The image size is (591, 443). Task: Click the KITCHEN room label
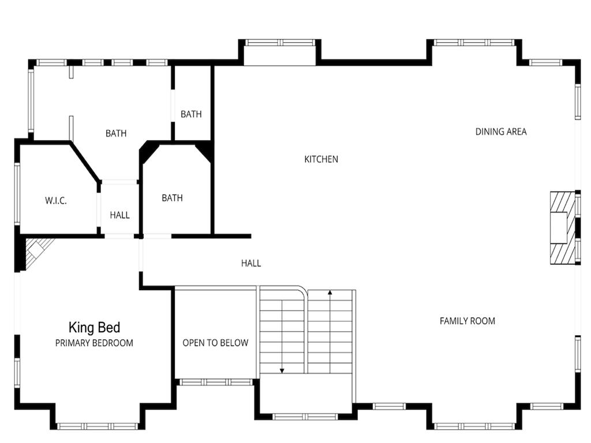[x=321, y=159]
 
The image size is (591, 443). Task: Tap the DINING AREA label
[x=501, y=132]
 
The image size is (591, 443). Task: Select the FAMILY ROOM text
[x=467, y=321]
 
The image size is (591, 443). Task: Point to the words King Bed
[x=94, y=328]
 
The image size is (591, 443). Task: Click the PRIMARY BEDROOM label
[x=94, y=343]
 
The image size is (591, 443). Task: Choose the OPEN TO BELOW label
[x=216, y=343]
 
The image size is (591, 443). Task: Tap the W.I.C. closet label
[x=56, y=200]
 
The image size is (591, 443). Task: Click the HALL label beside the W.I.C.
[x=120, y=215]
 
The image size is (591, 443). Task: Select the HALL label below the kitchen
[x=251, y=263]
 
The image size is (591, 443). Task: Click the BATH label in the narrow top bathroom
[x=191, y=114]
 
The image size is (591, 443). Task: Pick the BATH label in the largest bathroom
[x=116, y=133]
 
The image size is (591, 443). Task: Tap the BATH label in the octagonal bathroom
[x=172, y=198]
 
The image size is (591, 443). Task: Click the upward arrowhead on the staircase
[x=330, y=292]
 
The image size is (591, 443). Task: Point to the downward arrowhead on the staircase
[x=282, y=371]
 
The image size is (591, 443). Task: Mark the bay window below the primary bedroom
[x=98, y=426]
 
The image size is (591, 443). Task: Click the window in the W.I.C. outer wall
[x=17, y=193]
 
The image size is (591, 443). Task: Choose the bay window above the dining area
[x=474, y=43]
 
